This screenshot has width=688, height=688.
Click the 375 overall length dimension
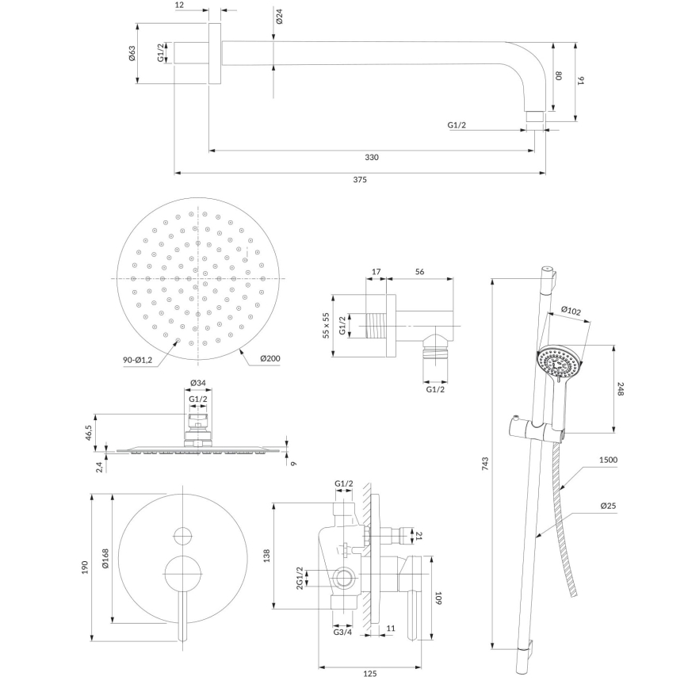click(x=360, y=180)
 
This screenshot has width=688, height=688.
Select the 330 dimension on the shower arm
click(x=372, y=157)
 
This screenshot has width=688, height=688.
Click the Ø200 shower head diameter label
click(x=270, y=358)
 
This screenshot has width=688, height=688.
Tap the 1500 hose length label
click(x=609, y=460)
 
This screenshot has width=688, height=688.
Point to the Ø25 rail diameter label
click(x=609, y=505)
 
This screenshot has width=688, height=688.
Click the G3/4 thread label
click(x=343, y=632)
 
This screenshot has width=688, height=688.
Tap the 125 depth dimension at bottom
click(x=369, y=673)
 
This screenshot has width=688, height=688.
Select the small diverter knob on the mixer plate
click(x=184, y=534)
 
